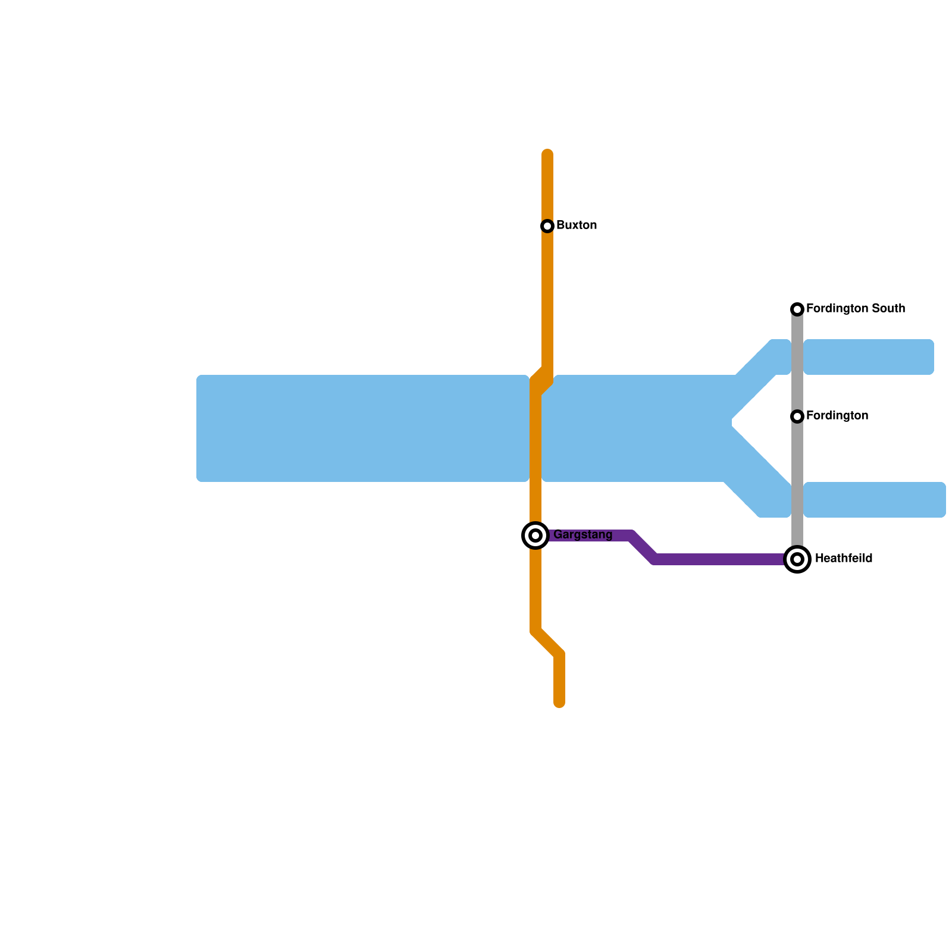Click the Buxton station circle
pos(547,226)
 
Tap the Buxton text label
pos(576,226)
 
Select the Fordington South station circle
pos(797,309)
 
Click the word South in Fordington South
pos(888,309)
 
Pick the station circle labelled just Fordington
pos(797,416)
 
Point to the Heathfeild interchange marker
pos(797,559)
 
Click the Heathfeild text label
pos(843,559)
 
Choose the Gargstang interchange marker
pos(535,535)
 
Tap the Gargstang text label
pos(583,535)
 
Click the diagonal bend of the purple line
pos(643,548)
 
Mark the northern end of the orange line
pos(547,154)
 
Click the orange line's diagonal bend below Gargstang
pos(547,643)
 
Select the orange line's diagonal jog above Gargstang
pos(541,381)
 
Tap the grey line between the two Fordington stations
pos(797,363)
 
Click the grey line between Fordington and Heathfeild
pos(797,488)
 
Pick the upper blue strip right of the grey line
pos(869,357)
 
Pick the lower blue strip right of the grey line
pos(875,500)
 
